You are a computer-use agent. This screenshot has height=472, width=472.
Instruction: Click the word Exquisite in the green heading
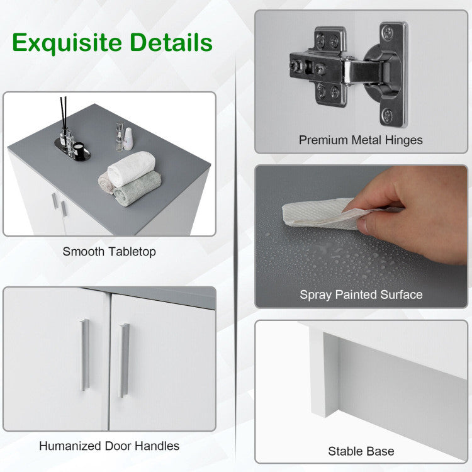click(67, 43)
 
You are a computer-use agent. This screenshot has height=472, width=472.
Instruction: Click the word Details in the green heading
click(171, 42)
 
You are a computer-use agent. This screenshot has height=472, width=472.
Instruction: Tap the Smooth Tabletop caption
click(110, 252)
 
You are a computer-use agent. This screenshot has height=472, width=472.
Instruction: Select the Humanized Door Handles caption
click(110, 446)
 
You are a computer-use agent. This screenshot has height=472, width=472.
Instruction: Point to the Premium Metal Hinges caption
click(361, 140)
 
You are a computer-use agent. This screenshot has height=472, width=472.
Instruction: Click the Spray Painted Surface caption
click(361, 295)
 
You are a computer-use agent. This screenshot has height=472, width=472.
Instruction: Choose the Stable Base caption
click(361, 451)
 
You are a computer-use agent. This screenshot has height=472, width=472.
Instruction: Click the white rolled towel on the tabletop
click(132, 169)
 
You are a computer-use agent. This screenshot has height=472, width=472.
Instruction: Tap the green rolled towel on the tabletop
click(137, 188)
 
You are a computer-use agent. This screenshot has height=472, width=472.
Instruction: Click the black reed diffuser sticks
click(64, 112)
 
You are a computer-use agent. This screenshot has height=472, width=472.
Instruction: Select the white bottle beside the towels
click(128, 139)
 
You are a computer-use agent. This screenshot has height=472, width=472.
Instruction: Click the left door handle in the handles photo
click(85, 355)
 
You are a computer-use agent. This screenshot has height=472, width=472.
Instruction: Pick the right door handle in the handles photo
click(125, 361)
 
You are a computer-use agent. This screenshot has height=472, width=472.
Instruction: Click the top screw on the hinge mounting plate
click(388, 31)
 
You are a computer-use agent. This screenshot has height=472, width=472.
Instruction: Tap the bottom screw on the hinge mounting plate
click(388, 115)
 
